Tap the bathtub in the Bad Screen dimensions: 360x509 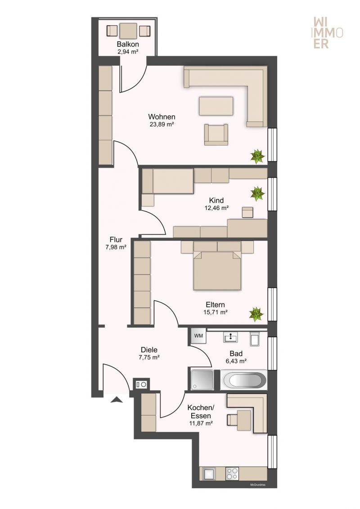244,380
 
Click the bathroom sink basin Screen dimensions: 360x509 230,337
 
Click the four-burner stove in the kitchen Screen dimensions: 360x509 232,473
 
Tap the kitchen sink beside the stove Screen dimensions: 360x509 209,473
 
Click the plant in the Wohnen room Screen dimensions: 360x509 257,156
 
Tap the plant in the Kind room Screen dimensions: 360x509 257,193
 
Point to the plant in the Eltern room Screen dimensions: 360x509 256,314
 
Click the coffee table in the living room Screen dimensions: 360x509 216,106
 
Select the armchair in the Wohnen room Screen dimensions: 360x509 216,134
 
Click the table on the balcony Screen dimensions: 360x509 128,31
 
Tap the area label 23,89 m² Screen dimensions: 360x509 162,124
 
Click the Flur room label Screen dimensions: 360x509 116,240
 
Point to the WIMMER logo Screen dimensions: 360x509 328,33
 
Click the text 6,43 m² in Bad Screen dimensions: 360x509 236,361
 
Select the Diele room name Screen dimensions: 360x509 149,350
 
